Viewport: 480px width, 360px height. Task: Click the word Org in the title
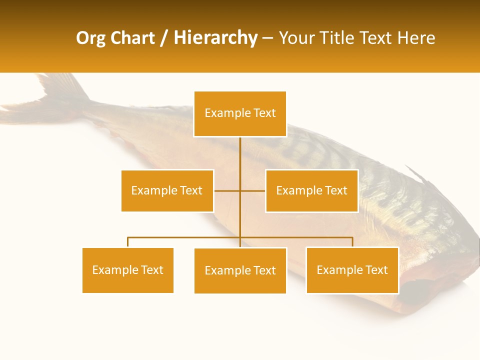(90, 38)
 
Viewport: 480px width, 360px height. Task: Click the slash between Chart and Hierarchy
(164, 38)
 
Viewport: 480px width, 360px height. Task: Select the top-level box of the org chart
(240, 113)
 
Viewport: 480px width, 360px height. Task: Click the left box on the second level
(167, 190)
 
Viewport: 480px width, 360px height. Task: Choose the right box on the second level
(311, 190)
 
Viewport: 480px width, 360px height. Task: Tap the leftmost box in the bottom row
(127, 270)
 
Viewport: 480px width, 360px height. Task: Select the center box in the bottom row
(240, 270)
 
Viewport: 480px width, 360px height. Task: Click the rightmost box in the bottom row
(352, 270)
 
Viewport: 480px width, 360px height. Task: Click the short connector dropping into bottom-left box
(127, 242)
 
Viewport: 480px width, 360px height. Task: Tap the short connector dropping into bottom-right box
(352, 242)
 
